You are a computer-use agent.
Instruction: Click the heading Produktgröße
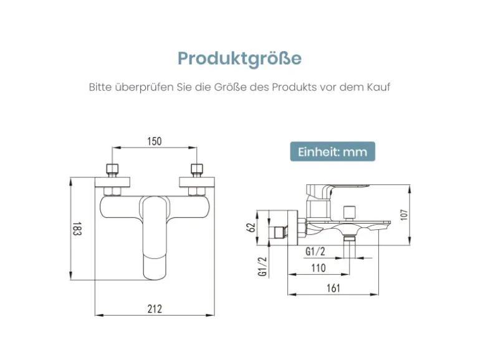point(239,59)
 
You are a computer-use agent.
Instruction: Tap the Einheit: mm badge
point(332,152)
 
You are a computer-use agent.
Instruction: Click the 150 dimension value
point(155,141)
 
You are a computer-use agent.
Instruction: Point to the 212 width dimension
point(155,308)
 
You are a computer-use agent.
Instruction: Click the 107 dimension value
point(403,214)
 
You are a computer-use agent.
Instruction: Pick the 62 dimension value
point(251,227)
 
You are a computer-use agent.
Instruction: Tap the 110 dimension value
point(318,268)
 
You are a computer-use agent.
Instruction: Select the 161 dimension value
point(334,288)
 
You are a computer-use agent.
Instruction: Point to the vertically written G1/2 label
point(262,266)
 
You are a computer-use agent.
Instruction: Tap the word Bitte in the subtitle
point(100,87)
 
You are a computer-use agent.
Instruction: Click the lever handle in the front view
point(155,237)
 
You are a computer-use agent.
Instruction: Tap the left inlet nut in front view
point(112,169)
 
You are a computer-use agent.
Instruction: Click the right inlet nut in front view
point(197,169)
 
